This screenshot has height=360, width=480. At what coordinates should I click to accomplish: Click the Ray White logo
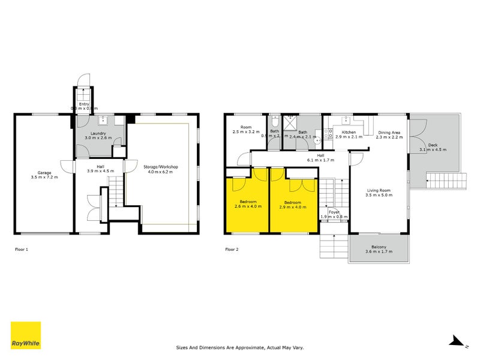[x=26, y=335]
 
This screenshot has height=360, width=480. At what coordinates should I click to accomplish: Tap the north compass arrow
[x=457, y=341]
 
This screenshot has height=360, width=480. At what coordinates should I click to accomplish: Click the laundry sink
[x=101, y=119]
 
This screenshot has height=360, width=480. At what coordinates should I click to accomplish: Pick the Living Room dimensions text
[x=379, y=195]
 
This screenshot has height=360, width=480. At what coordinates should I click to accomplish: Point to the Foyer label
[x=334, y=212]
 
